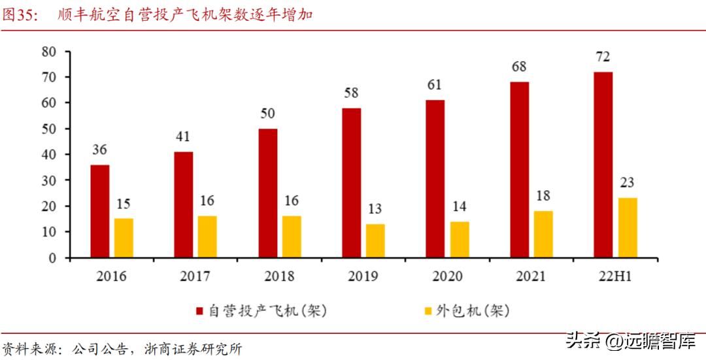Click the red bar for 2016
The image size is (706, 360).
(100, 211)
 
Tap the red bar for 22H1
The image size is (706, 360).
(603, 165)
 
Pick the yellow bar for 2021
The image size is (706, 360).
(543, 234)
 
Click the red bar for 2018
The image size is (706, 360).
(267, 193)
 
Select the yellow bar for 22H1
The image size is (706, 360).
(627, 227)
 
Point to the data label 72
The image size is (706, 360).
(603, 57)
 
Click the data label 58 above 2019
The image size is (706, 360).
(351, 93)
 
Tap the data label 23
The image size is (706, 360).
(627, 183)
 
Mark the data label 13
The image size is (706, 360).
(375, 209)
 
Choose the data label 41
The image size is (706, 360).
(184, 137)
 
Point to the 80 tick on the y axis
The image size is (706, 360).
(50, 51)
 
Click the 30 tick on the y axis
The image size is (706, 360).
(50, 180)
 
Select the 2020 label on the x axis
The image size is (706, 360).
(447, 276)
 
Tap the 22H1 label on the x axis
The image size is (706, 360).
(615, 276)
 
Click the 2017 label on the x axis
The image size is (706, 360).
(195, 276)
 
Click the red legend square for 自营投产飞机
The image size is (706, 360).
(200, 311)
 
